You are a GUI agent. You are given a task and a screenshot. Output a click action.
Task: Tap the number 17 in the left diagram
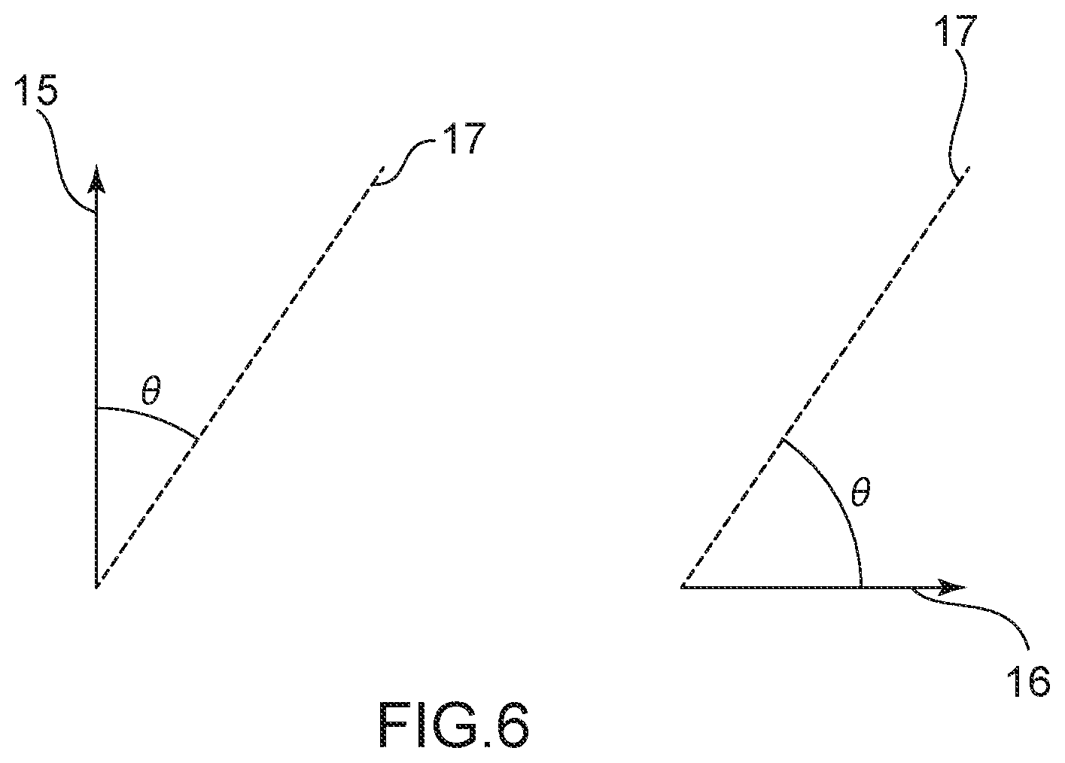pyautogui.click(x=461, y=141)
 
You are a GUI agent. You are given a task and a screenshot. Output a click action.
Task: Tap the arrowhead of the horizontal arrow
pyautogui.click(x=953, y=586)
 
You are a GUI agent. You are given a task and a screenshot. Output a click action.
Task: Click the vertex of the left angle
pyautogui.click(x=97, y=585)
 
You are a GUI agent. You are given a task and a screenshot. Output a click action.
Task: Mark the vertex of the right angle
pyautogui.click(x=682, y=585)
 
